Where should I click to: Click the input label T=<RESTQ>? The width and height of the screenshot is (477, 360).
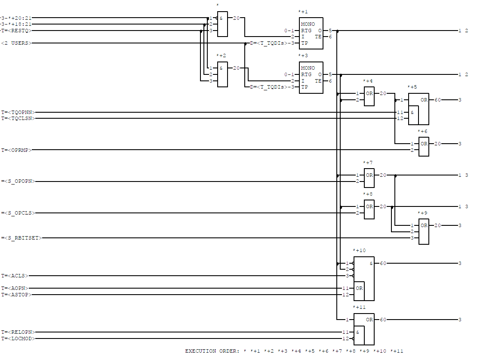pos(17,31)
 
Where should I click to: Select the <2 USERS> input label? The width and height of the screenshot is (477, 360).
pos(17,43)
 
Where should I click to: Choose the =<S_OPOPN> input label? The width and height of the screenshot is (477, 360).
pos(18,182)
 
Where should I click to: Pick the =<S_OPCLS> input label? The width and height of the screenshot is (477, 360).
pos(18,213)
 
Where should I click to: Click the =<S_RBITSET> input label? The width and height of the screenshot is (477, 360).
pos(22,238)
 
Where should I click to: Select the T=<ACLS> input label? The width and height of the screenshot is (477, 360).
pos(15,276)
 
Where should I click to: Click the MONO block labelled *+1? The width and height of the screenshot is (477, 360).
pos(311,34)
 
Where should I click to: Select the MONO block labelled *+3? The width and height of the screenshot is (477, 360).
pos(311,77)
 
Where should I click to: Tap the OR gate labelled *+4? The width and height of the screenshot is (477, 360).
pos(369,96)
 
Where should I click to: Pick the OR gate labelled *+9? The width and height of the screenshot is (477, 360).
pos(424,231)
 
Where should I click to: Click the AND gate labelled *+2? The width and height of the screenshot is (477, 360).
pos(222,74)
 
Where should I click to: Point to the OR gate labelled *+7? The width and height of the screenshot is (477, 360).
pos(369,178)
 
